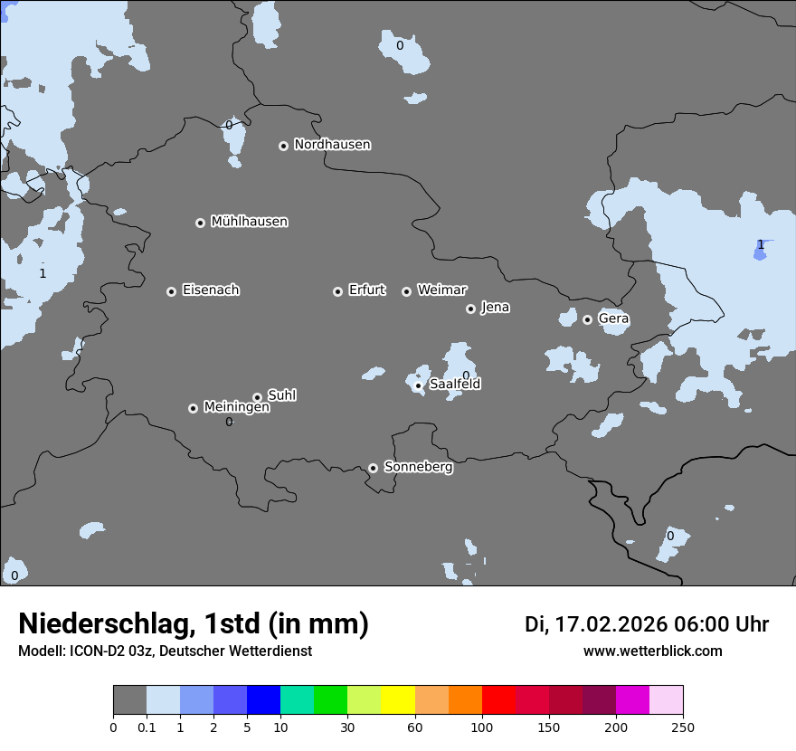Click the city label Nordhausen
(x=332, y=145)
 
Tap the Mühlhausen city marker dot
(x=200, y=223)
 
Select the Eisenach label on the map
(x=211, y=290)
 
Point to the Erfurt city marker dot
(x=337, y=291)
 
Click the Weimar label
(x=441, y=290)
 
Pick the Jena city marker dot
(x=470, y=309)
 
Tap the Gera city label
(x=613, y=318)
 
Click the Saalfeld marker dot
(x=418, y=386)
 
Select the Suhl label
(x=281, y=395)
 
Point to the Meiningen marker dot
(x=193, y=408)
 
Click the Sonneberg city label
(x=418, y=467)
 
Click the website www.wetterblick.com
(x=652, y=651)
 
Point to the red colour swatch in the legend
(x=498, y=700)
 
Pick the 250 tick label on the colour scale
(x=683, y=727)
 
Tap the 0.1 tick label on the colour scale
(x=147, y=727)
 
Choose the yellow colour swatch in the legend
(x=398, y=700)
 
